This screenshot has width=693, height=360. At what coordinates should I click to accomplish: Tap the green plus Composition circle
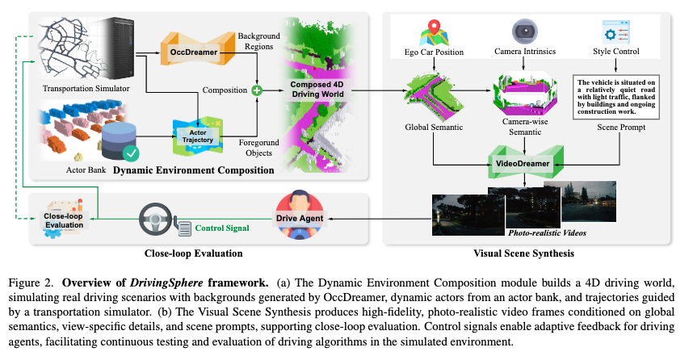click(x=257, y=91)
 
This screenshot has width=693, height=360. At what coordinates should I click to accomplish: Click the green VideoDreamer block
click(x=524, y=164)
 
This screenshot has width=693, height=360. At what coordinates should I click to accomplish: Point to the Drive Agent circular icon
click(x=296, y=211)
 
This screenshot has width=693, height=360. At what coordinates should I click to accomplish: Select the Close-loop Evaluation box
click(x=62, y=216)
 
